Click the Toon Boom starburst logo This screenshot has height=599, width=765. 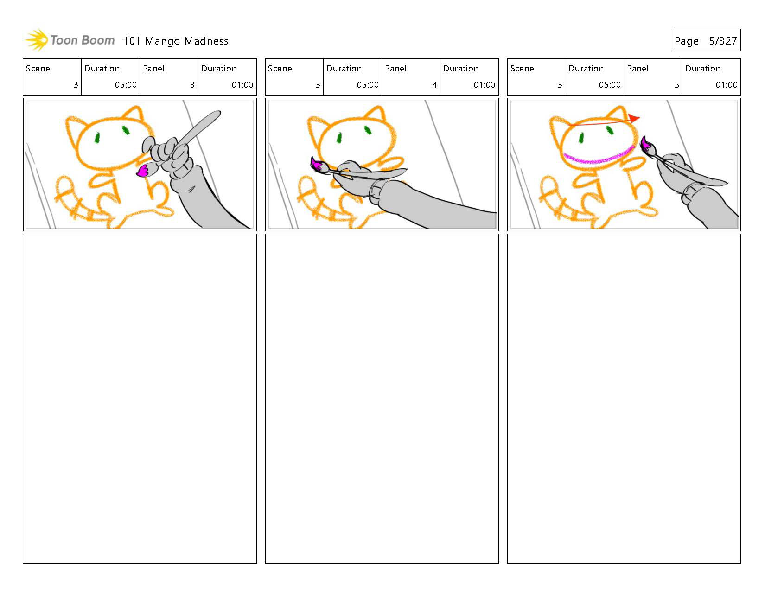tap(37, 40)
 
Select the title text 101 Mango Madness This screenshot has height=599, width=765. tap(176, 41)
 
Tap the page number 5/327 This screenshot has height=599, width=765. tap(723, 41)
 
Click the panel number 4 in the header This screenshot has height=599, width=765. tap(434, 85)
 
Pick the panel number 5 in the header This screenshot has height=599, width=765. tap(676, 85)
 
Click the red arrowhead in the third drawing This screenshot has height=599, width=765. tap(634, 118)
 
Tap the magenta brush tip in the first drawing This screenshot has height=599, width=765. tap(143, 170)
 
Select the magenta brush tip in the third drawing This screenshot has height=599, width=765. tap(645, 144)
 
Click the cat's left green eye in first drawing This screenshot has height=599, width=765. tap(97, 138)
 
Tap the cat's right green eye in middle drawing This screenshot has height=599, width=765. tap(367, 131)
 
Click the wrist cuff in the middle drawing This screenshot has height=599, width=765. tap(376, 192)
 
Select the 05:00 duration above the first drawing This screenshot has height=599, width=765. tap(126, 85)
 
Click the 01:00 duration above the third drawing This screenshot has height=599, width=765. tap(726, 85)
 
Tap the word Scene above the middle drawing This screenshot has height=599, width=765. tap(280, 69)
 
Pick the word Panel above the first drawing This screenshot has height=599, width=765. tap(153, 69)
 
